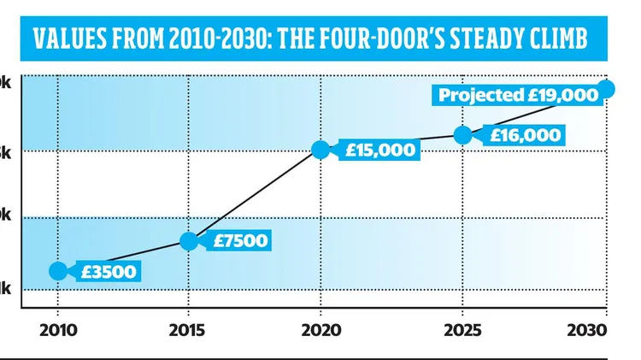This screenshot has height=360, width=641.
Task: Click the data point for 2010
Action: tap(57, 271)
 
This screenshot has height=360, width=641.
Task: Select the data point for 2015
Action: tap(189, 241)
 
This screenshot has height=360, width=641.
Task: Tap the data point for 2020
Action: tap(320, 150)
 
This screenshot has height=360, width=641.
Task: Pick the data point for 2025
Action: tap(462, 135)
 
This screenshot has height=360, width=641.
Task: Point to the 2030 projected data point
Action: tap(608, 87)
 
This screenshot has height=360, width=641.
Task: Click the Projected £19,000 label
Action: tap(518, 96)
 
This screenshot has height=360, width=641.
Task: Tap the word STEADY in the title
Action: tap(485, 40)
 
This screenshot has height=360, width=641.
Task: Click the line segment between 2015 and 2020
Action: tap(255, 196)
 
